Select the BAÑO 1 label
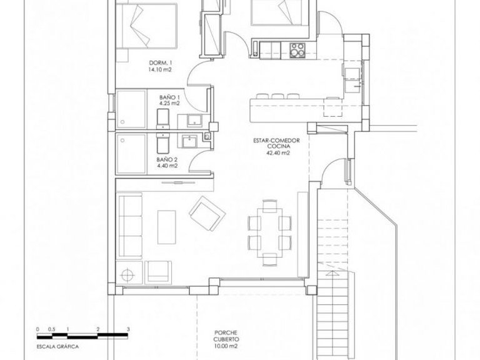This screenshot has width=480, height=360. point(169,97)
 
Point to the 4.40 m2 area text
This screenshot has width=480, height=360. point(167,166)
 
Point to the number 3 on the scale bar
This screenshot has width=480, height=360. point(128,327)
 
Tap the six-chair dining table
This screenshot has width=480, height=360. point(269,231)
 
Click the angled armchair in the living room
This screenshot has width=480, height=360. point(206,213)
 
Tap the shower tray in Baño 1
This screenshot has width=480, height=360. point(134,109)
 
